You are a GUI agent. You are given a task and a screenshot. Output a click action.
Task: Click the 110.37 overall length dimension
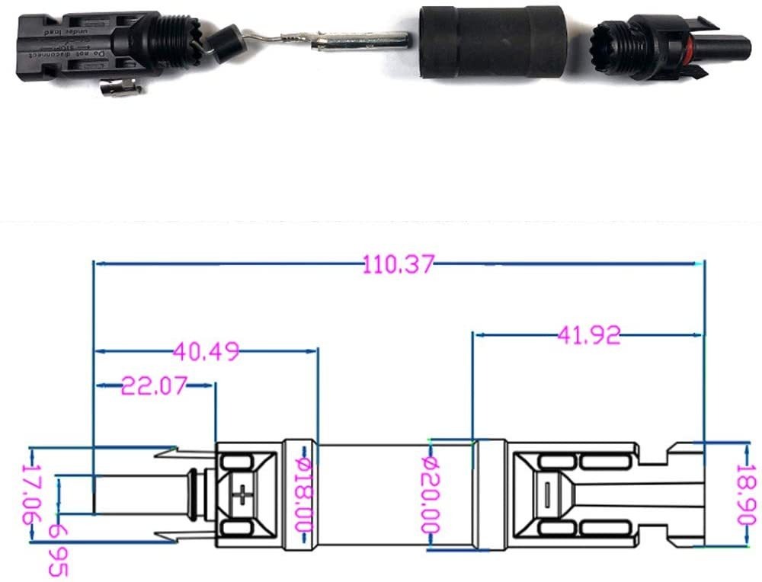tap(398, 265)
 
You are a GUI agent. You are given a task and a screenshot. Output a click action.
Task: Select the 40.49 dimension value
tap(206, 351)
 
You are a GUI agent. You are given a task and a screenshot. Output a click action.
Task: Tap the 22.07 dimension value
tap(155, 386)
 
